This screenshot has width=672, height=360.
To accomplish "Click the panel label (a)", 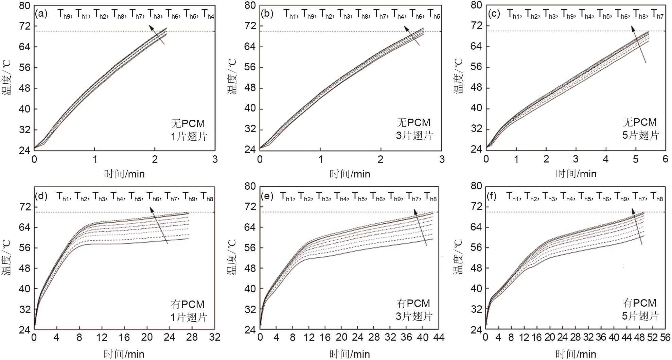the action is [x=41, y=14].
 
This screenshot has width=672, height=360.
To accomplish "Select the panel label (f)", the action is [x=493, y=196].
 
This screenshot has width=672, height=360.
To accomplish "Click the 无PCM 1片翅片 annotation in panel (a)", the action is [x=189, y=130].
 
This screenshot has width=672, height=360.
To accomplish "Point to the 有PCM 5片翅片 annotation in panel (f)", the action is [x=640, y=309].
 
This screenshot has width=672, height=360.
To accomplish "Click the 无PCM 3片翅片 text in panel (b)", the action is [x=414, y=129].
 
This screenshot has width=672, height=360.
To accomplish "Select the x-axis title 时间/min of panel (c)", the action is [x=576, y=174].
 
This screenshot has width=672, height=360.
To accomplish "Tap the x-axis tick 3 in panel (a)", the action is [x=215, y=159].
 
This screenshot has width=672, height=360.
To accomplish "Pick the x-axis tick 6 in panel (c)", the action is [x=665, y=159].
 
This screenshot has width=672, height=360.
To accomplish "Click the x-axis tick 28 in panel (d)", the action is [x=192, y=337].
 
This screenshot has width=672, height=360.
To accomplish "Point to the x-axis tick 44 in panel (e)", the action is [x=438, y=337].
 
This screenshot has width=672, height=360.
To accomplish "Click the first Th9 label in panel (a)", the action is [x=64, y=14].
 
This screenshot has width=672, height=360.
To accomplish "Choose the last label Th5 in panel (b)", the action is [x=434, y=14].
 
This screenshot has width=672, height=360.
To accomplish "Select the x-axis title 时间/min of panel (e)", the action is [x=350, y=354].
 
